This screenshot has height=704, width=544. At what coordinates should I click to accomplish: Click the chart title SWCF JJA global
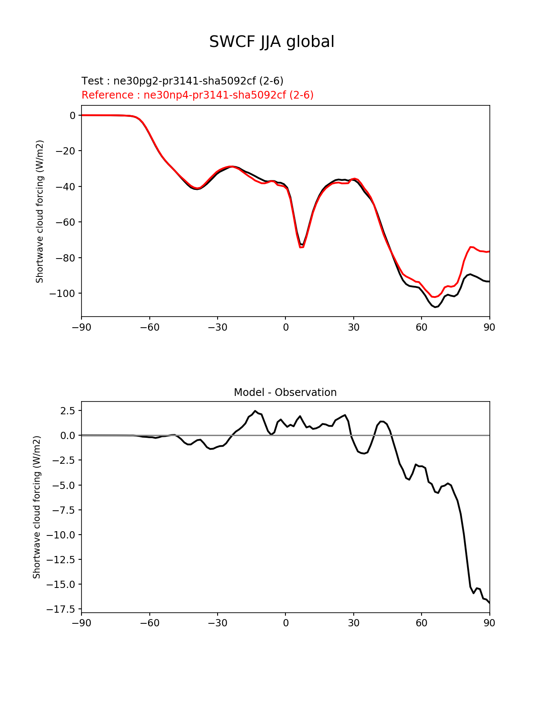pos(272,42)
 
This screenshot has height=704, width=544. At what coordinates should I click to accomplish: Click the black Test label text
pos(182,81)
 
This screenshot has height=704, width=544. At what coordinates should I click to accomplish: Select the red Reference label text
pos(197,95)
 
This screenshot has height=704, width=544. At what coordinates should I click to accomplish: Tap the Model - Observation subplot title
pos(285,393)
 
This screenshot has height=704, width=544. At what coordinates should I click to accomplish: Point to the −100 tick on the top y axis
pos(62,294)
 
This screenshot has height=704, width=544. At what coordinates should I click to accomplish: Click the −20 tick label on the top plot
pos(64,151)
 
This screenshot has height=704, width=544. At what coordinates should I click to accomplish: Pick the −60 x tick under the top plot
pos(149,327)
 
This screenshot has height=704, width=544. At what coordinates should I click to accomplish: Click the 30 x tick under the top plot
pos(353,327)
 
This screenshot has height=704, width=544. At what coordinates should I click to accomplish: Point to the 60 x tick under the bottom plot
pos(421,623)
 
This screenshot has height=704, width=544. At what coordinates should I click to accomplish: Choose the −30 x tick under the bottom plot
pos(217,623)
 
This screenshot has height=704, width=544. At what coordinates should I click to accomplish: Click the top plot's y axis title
pos(40,211)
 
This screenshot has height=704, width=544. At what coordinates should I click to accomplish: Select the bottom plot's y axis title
pos(37,507)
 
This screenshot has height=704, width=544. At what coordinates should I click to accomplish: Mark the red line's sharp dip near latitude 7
pos(301,247)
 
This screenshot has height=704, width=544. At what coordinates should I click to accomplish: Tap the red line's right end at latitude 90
pos(489,251)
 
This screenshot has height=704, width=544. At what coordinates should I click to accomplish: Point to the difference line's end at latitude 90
pos(489,602)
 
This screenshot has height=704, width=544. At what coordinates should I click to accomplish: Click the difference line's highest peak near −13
pos(255,411)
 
